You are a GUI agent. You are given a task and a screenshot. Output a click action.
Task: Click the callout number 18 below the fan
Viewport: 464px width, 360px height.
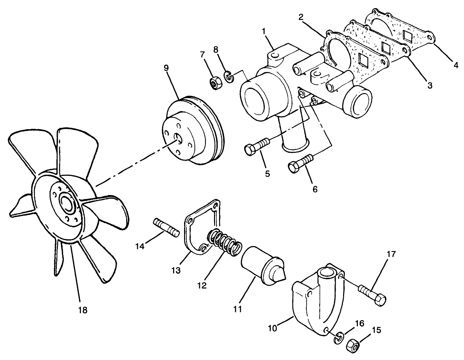82,310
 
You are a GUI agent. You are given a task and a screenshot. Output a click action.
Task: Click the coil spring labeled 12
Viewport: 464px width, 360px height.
225,242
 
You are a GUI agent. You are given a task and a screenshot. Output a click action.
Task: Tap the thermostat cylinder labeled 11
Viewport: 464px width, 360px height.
261,264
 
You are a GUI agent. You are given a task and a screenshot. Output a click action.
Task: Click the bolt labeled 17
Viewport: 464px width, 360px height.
372,296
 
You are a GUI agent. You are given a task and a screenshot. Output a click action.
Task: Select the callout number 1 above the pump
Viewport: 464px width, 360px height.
263,31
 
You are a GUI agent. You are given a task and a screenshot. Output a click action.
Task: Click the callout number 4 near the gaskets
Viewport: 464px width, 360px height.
455,65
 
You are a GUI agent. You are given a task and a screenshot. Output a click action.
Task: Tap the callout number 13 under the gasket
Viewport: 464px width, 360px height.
176,270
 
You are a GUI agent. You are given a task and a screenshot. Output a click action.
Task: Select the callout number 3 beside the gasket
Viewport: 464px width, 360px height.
429,85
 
